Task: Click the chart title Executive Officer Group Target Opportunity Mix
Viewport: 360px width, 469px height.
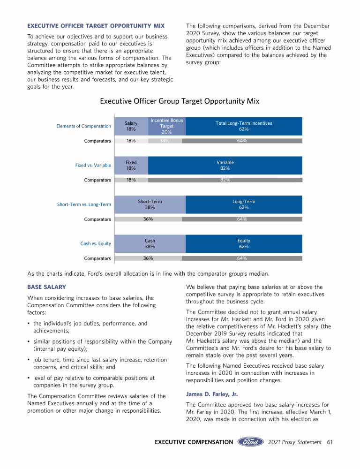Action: click(x=180, y=101)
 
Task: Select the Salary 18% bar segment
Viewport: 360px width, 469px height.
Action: click(x=131, y=126)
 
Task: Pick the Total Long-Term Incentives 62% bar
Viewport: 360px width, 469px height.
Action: click(x=244, y=126)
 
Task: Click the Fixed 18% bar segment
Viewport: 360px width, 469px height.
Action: click(x=131, y=165)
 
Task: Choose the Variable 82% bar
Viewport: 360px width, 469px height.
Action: click(x=225, y=165)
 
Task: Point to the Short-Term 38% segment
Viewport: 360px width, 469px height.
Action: click(x=150, y=204)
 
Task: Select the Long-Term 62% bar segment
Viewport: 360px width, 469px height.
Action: click(x=244, y=204)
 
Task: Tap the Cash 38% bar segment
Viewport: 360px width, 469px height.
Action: click(x=150, y=243)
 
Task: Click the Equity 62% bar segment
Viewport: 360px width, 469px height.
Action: click(x=244, y=243)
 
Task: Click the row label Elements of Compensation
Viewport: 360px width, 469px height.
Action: click(x=83, y=126)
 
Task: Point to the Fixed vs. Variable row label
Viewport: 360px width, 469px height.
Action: click(x=93, y=166)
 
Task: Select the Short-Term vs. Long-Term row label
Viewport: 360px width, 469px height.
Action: click(x=84, y=204)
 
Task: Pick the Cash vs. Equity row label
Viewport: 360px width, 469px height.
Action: click(x=96, y=243)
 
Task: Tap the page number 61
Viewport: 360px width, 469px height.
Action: click(x=330, y=442)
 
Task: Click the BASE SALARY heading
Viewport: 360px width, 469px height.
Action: click(x=46, y=287)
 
